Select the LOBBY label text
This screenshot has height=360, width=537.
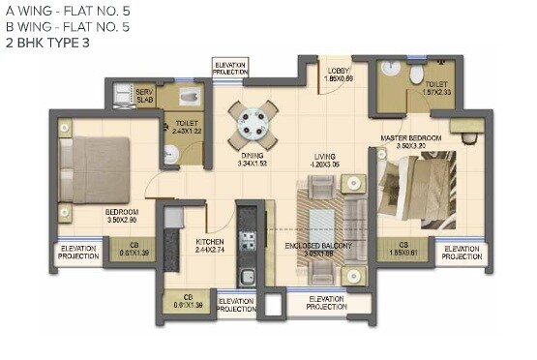pos(338,71)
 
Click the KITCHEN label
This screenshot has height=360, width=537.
pos(210,241)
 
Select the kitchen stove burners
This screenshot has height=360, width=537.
pos(248,243)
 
